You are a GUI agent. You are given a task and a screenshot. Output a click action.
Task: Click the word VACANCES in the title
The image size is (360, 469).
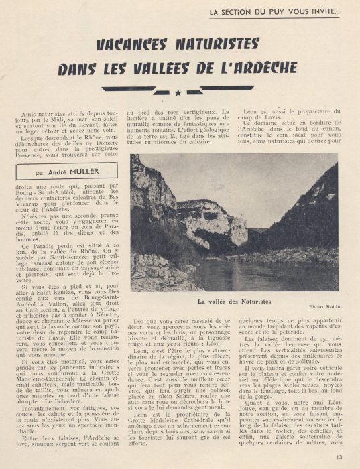coord(137,45)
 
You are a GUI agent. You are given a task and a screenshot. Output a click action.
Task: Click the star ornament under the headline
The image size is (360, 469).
coord(178,92)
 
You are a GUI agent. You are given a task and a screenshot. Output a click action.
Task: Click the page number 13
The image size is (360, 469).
coord(339,458)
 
